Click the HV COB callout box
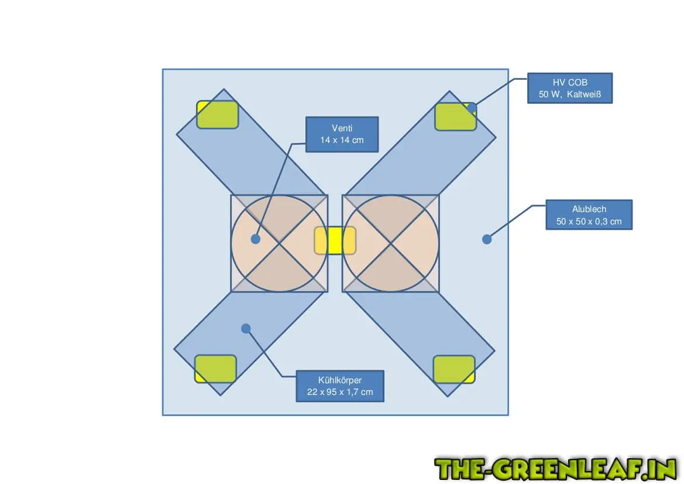(569, 88)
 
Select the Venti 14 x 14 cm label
(342, 134)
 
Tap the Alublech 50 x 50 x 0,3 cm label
(589, 214)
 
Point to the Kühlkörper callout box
(339, 386)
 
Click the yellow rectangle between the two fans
(335, 240)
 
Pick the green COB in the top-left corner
(217, 114)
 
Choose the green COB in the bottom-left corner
(215, 369)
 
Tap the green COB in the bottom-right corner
(454, 369)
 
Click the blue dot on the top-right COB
(472, 108)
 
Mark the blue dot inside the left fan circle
(255, 238)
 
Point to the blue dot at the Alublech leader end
(486, 238)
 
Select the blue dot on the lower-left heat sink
(246, 328)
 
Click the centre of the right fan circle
(390, 243)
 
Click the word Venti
(342, 128)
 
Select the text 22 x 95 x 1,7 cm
(339, 391)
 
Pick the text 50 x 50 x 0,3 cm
(589, 221)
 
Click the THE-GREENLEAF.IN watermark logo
(555, 469)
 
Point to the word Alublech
(589, 209)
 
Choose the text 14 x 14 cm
(342, 140)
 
